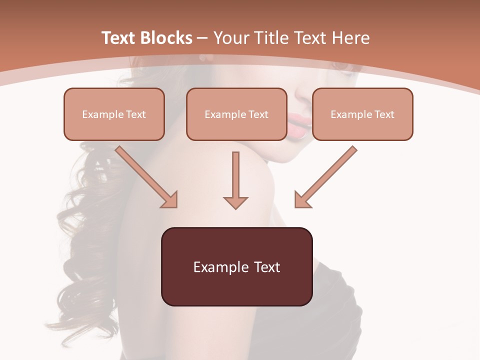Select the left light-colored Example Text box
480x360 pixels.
[114, 114]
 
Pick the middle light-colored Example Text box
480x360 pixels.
[236, 114]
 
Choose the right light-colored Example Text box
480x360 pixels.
[362, 114]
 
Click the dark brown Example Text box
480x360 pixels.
[236, 266]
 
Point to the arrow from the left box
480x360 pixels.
[145, 175]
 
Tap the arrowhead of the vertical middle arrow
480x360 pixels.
[235, 202]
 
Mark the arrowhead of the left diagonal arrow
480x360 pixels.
[170, 199]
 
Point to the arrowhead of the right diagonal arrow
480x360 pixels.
[302, 199]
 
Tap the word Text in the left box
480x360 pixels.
[135, 114]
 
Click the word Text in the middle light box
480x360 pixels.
[258, 114]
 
